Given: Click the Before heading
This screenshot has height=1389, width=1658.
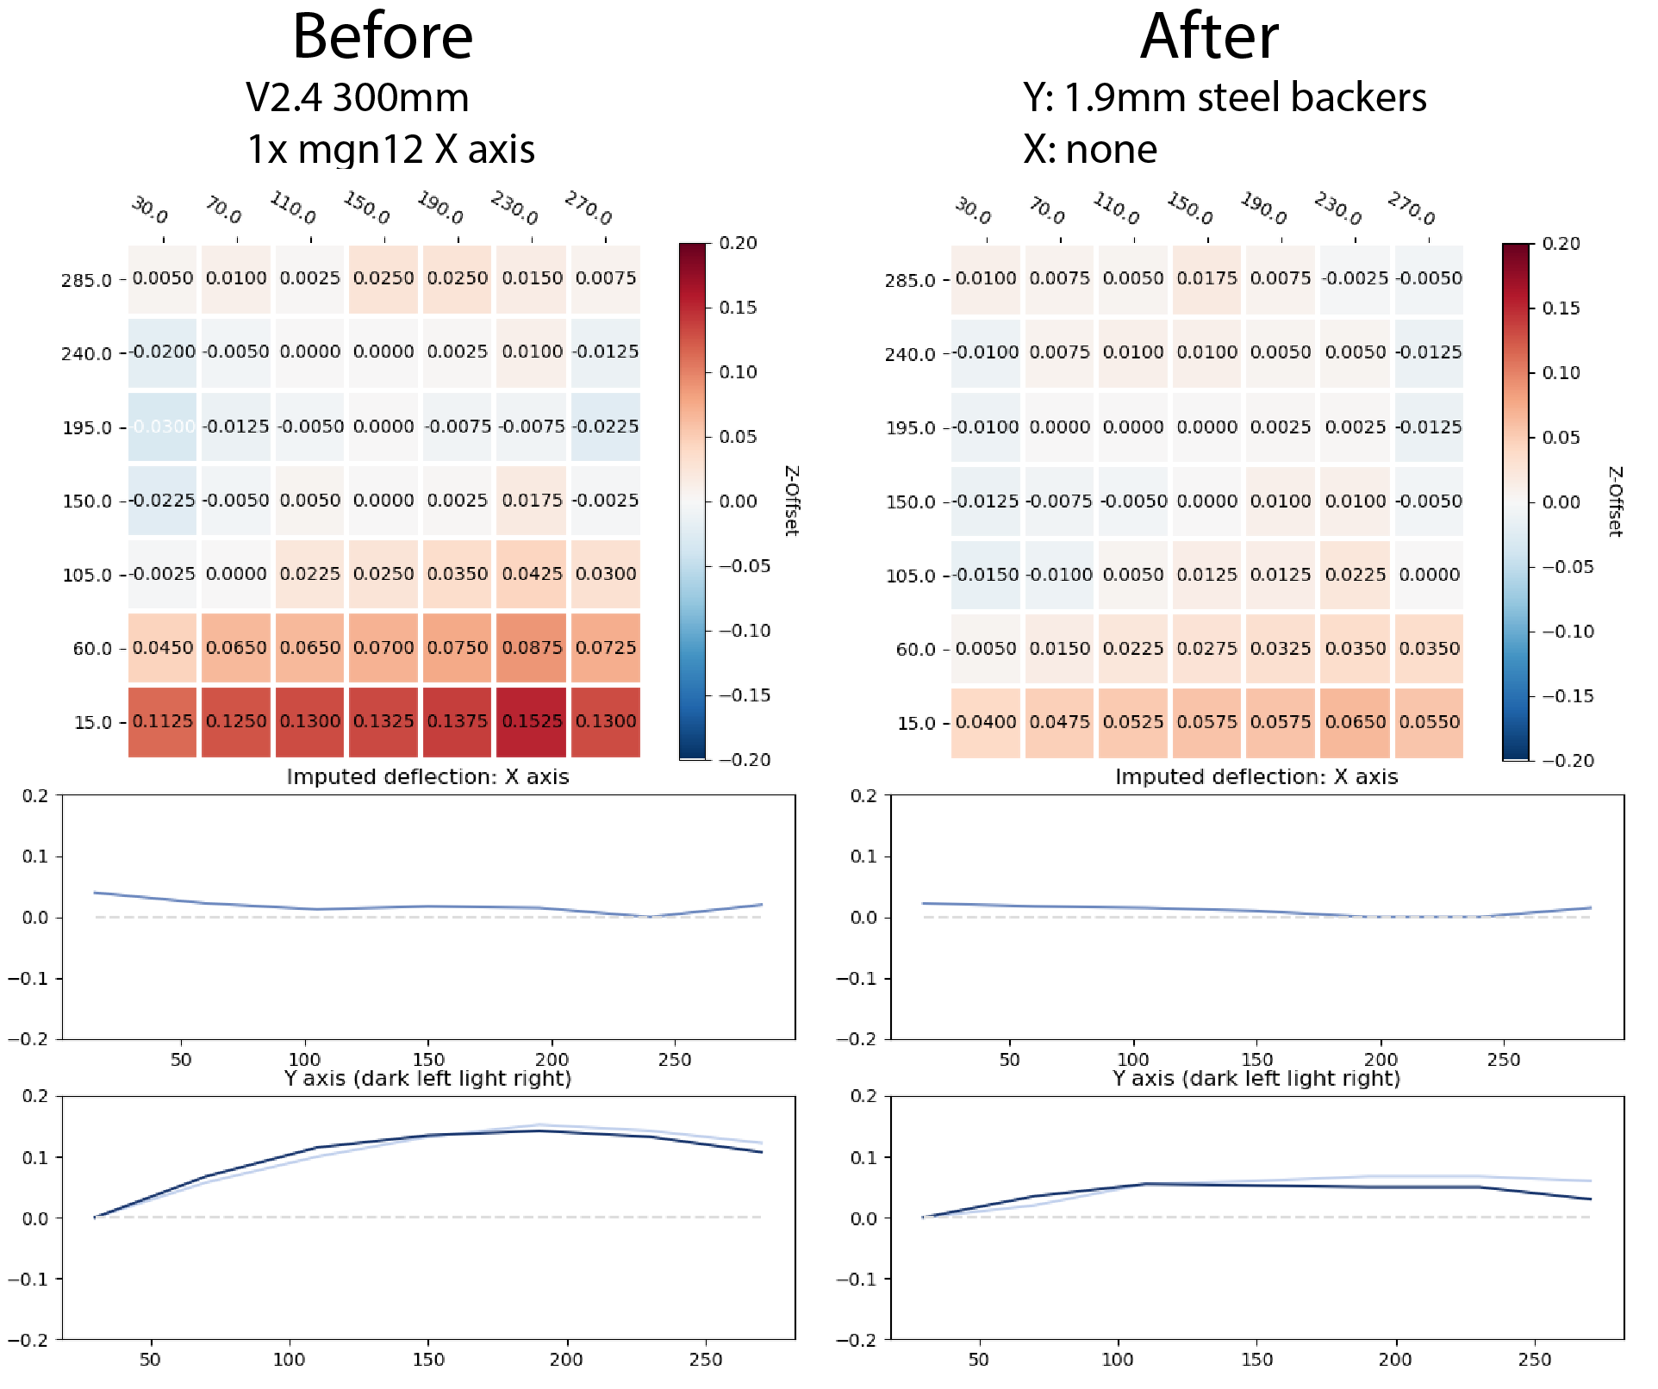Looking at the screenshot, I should [383, 37].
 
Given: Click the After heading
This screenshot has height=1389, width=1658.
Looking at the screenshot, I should [1209, 37].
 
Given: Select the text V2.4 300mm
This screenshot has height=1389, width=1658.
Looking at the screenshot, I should [357, 97].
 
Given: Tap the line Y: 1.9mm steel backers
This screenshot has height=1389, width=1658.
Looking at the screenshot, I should [1225, 97].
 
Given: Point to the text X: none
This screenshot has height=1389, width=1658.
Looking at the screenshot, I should [1090, 149].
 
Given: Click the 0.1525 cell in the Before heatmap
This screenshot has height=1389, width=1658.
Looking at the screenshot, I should [532, 721].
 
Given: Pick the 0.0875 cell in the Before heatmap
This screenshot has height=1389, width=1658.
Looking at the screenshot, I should [532, 648].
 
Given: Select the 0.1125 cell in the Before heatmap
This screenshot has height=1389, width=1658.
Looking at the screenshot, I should [163, 721].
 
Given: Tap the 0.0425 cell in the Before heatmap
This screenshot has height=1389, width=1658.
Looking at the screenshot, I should [532, 574].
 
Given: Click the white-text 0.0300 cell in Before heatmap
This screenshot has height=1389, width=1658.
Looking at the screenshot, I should [163, 427].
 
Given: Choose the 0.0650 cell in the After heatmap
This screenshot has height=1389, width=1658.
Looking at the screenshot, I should [1356, 722].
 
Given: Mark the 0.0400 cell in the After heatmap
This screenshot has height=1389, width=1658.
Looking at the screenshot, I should [986, 722].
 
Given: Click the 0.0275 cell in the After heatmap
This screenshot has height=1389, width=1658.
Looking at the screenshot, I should [1207, 649].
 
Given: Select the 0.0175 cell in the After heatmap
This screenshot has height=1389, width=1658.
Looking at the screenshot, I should [1207, 278].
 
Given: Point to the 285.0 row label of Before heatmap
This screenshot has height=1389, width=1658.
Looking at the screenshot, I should [86, 280].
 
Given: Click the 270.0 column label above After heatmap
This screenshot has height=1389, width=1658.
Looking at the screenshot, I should [1412, 209].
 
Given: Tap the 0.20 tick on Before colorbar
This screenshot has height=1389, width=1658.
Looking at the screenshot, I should [739, 243].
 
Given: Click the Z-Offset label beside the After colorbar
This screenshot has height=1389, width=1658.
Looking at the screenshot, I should [1616, 501].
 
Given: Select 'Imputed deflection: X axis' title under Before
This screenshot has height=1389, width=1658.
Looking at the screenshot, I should [427, 777].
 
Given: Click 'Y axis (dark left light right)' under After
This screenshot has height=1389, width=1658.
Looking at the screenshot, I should [1256, 1079].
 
